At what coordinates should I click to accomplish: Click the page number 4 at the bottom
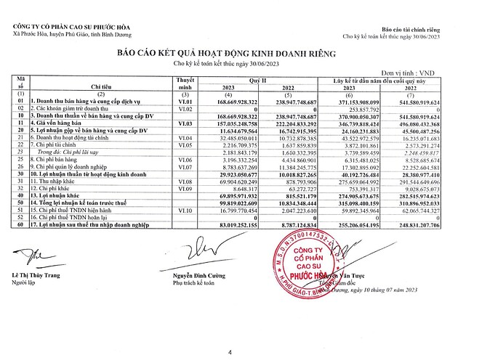(230, 332)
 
